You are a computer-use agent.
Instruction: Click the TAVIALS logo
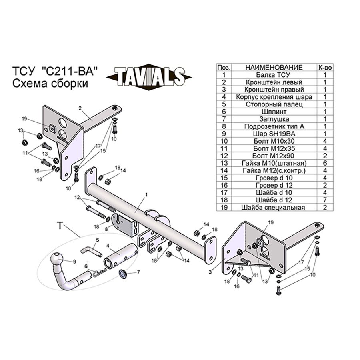click(x=149, y=77)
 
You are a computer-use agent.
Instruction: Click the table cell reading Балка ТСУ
click(x=274, y=75)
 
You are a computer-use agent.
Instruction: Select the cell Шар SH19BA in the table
click(x=274, y=134)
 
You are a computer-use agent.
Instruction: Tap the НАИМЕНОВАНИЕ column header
click(x=274, y=68)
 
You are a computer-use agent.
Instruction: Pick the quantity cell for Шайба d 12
click(x=325, y=200)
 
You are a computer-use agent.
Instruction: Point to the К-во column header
click(x=325, y=68)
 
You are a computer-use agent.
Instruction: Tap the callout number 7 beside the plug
click(x=138, y=272)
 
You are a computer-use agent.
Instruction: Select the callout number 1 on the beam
click(x=146, y=195)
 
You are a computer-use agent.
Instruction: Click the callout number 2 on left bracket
click(x=80, y=108)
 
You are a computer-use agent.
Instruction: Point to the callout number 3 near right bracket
click(x=210, y=272)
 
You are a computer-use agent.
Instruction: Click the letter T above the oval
click(x=60, y=226)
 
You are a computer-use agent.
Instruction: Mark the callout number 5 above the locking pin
click(x=98, y=240)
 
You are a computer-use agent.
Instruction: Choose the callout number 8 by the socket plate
click(x=106, y=229)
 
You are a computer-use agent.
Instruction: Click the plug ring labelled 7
click(x=123, y=274)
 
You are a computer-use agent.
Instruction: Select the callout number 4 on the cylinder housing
click(x=108, y=246)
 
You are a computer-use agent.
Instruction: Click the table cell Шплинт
click(x=274, y=112)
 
